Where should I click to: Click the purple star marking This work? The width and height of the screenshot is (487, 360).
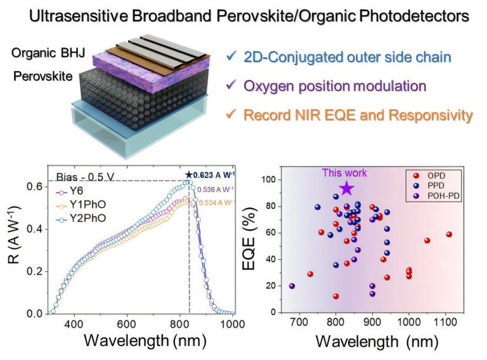point(346,188)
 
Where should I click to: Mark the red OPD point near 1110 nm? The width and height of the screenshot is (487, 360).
point(449,235)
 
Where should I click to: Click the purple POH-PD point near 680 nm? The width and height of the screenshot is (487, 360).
point(292,286)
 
